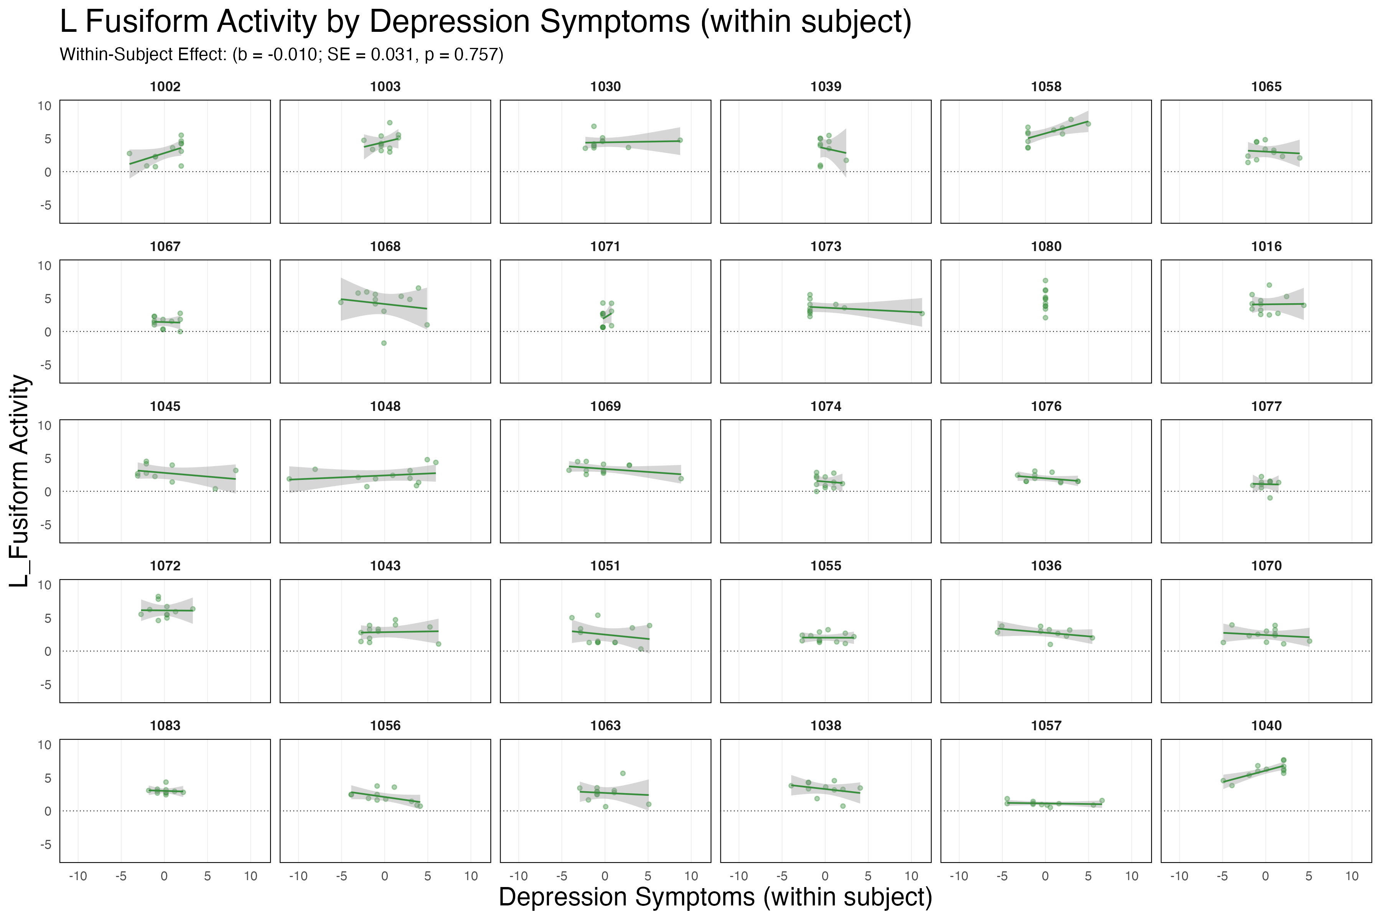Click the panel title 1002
pos(165,87)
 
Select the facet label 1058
pos(1046,87)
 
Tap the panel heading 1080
pos(1046,246)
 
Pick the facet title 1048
pos(385,406)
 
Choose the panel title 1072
pos(165,566)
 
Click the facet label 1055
pos(826,566)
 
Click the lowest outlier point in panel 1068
pos(384,343)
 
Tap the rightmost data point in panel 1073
pos(922,313)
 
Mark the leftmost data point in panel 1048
pos(289,479)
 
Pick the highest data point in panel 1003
pos(389,123)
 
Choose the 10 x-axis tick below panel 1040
pos(1351,877)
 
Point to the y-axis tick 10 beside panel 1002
pos(44,106)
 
